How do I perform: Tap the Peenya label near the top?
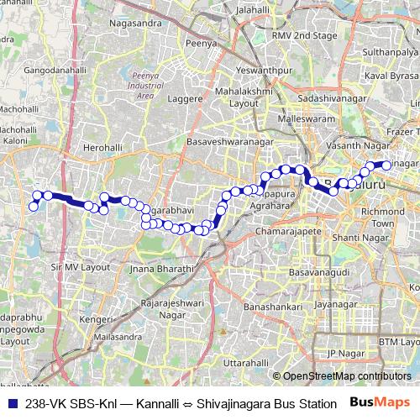(x=202, y=40)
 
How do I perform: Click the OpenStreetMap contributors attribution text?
(x=341, y=375)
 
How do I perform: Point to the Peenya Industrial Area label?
(x=145, y=85)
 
